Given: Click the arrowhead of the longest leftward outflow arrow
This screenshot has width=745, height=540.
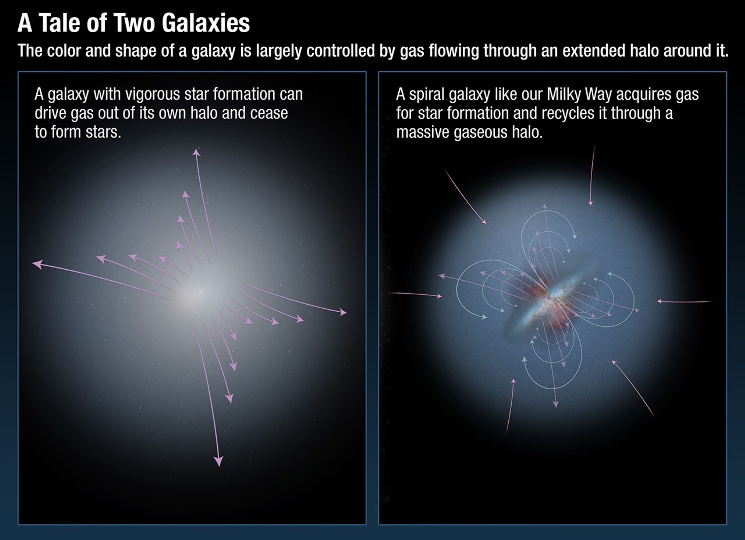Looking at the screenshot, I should [37, 264].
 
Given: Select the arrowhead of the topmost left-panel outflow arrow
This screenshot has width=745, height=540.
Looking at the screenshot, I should [196, 152].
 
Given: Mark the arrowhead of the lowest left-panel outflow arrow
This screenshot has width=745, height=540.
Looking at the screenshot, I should [219, 462].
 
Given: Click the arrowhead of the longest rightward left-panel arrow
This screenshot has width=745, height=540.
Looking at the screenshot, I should [343, 312].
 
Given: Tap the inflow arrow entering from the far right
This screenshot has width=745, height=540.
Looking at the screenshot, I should [683, 301].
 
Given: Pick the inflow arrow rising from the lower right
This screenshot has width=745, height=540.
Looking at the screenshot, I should [632, 388].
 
